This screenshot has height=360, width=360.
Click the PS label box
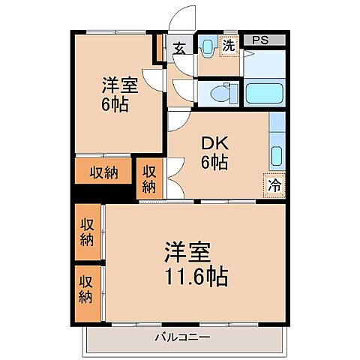(263, 41)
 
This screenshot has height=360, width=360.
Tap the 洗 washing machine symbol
(229, 46)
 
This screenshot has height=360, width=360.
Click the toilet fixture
(218, 93)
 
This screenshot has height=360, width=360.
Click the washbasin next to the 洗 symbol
(208, 47)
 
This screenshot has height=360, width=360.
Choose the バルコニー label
(183, 337)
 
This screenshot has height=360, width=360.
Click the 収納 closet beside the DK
(150, 178)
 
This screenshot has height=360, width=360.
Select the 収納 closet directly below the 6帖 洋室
(103, 172)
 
